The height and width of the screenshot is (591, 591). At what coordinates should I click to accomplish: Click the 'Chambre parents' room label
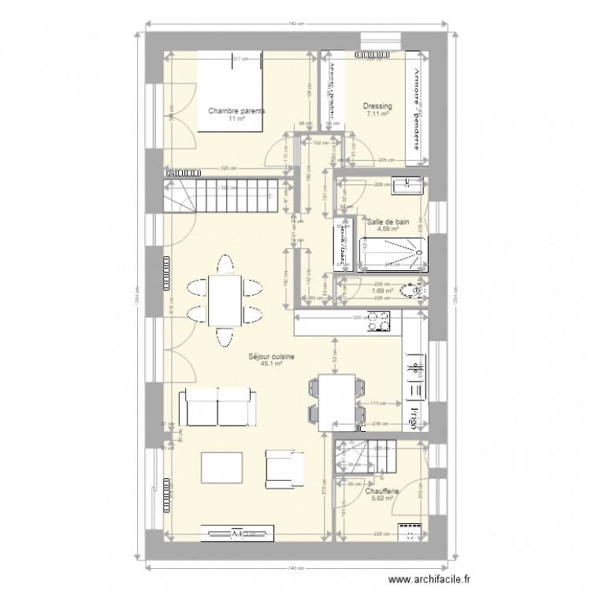tap(236, 111)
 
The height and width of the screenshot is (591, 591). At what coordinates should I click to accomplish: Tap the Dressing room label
tap(377, 106)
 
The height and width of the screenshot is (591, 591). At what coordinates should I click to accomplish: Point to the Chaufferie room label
tap(382, 490)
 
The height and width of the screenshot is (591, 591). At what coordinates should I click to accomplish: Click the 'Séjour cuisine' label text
tap(271, 356)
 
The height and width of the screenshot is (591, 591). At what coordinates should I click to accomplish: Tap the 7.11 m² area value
tap(377, 113)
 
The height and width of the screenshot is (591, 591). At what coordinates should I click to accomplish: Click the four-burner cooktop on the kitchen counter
tap(380, 322)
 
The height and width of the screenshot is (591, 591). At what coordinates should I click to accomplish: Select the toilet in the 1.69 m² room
tap(411, 291)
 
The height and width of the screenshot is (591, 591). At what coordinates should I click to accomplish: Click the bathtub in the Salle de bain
tap(392, 254)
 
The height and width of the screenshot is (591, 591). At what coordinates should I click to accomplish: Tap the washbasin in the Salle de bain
tap(409, 186)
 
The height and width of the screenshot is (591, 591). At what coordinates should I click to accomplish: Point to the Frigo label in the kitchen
tap(414, 415)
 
